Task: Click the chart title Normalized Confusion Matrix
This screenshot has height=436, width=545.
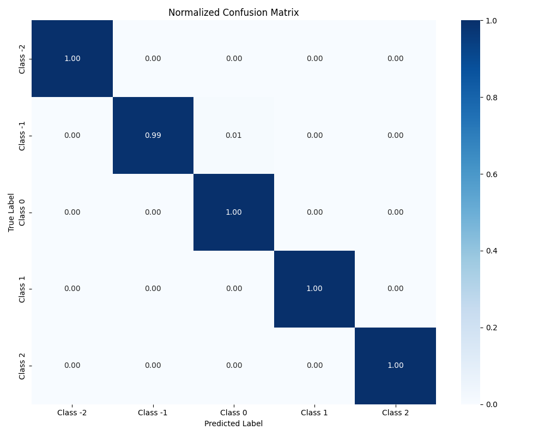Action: pyautogui.click(x=233, y=13)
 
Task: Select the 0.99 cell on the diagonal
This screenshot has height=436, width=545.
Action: pyautogui.click(x=153, y=135)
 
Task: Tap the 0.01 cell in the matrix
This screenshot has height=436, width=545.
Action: pyautogui.click(x=234, y=135)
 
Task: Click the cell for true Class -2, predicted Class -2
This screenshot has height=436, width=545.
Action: pyautogui.click(x=72, y=58)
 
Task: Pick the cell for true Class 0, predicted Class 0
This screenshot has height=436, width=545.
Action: pyautogui.click(x=234, y=212)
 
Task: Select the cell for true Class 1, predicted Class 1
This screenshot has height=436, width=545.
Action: pyautogui.click(x=314, y=289)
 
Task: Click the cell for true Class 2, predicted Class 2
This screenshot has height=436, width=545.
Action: pyautogui.click(x=395, y=365)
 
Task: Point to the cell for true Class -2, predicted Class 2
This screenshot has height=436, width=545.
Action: pyautogui.click(x=395, y=58)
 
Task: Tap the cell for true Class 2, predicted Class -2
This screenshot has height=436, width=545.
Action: pyautogui.click(x=72, y=365)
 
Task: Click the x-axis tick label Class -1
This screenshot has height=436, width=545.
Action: pyautogui.click(x=153, y=413)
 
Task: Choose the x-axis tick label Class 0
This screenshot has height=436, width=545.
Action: pyautogui.click(x=234, y=413)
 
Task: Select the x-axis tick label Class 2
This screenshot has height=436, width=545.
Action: pyautogui.click(x=395, y=413)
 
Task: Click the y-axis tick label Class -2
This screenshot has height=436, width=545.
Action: pyautogui.click(x=22, y=58)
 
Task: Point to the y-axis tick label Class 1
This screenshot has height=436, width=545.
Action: pyautogui.click(x=22, y=289)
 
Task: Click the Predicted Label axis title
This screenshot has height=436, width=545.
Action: pyautogui.click(x=233, y=423)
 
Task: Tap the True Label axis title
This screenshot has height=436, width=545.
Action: pyautogui.click(x=11, y=212)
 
